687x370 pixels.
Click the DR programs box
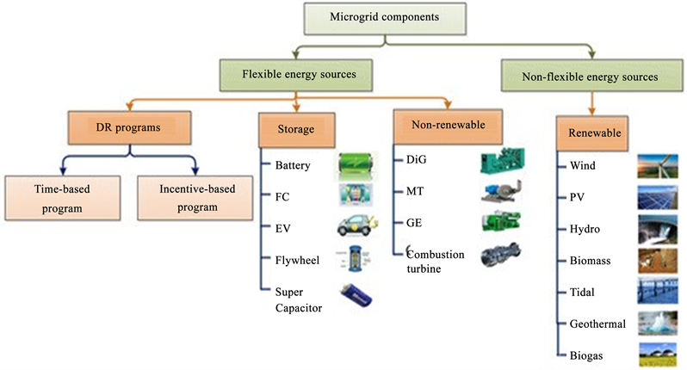coord(128,130)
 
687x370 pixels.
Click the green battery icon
coord(355,164)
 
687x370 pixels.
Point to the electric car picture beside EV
coord(355,227)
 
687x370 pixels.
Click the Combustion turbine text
coord(436,261)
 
